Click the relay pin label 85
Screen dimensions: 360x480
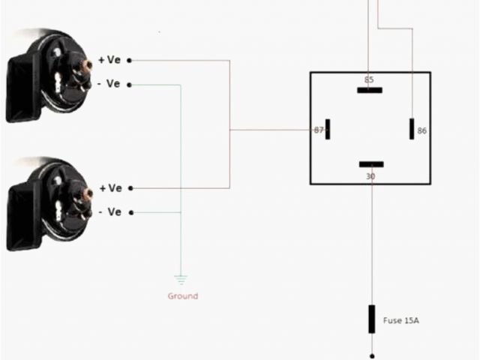[x=368, y=79]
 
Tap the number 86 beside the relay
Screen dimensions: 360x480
[x=421, y=130]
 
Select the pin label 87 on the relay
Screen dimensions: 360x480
[x=319, y=130]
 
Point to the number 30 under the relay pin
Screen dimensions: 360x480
[x=370, y=176]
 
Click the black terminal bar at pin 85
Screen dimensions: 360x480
[x=370, y=90]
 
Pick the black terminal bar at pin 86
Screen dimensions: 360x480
[x=412, y=129]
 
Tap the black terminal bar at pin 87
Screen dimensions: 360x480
[x=328, y=129]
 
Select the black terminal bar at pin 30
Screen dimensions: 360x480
[x=371, y=164]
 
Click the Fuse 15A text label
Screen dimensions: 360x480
[x=401, y=321]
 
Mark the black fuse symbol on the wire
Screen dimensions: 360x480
[x=371, y=319]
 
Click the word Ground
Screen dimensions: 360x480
[x=182, y=296]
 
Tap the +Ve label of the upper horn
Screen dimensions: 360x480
[x=109, y=60]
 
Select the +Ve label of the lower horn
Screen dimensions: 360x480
[x=109, y=188]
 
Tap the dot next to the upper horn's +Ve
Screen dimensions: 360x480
[x=130, y=60]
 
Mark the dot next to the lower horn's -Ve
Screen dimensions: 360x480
[x=130, y=212]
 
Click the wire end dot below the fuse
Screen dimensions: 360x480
[x=371, y=355]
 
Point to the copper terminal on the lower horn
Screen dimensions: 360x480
[x=88, y=193]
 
